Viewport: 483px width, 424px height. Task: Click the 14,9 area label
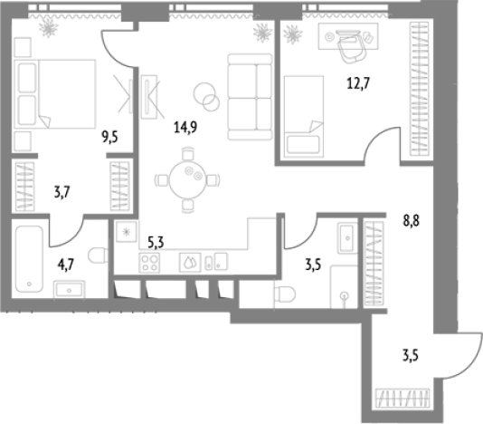(x=185, y=127)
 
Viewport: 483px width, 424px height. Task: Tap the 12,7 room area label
(x=358, y=83)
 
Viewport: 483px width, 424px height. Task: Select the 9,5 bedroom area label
(x=110, y=137)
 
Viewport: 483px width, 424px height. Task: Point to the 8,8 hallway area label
(x=412, y=221)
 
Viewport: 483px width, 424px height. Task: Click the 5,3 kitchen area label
(x=156, y=243)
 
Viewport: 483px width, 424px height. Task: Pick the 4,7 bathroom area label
(x=66, y=265)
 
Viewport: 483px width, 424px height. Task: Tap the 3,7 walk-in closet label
(x=62, y=193)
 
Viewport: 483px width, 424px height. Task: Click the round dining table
(x=187, y=180)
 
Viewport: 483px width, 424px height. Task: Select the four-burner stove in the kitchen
(x=149, y=263)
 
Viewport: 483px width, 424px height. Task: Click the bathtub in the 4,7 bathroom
(x=29, y=259)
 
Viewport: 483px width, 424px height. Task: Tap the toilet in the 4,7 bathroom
(x=98, y=255)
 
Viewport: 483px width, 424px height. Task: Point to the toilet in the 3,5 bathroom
(x=284, y=294)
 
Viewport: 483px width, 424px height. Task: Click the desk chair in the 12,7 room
(x=352, y=47)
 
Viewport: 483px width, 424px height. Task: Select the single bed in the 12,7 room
(x=304, y=117)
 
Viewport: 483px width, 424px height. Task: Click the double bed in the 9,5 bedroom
(x=55, y=94)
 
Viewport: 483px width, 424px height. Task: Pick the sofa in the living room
(x=251, y=97)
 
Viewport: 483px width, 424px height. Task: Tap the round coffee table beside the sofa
(x=206, y=96)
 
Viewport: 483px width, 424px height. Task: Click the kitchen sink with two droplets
(x=190, y=263)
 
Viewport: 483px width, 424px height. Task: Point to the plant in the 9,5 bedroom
(x=48, y=27)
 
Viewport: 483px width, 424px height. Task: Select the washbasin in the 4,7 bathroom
(x=70, y=289)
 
